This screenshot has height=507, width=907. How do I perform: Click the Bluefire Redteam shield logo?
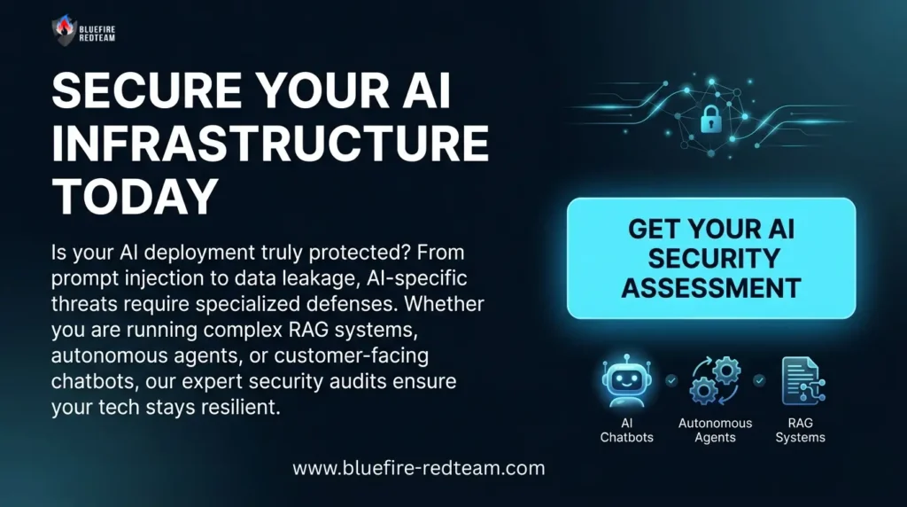(x=63, y=29)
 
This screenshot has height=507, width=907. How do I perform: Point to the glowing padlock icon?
(x=710, y=120)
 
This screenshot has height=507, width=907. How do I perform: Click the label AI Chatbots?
(x=626, y=430)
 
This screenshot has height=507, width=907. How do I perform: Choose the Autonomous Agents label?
(x=715, y=430)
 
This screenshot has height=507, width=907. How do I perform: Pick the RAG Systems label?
(x=800, y=430)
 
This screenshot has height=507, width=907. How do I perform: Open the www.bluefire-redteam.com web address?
(x=419, y=467)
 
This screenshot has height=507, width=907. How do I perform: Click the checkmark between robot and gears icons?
(x=671, y=380)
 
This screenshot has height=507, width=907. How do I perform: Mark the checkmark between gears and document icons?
(x=758, y=380)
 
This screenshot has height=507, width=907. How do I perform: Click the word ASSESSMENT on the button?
(x=711, y=287)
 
